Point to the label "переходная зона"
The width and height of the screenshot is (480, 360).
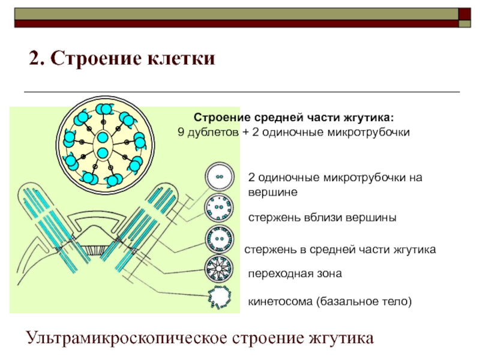point(295,274)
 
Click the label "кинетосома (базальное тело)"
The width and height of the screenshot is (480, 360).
point(330,301)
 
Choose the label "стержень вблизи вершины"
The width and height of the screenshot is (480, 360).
point(322,218)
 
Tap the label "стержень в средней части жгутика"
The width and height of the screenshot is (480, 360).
point(339,248)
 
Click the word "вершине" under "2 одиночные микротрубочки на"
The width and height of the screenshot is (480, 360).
point(272,192)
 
